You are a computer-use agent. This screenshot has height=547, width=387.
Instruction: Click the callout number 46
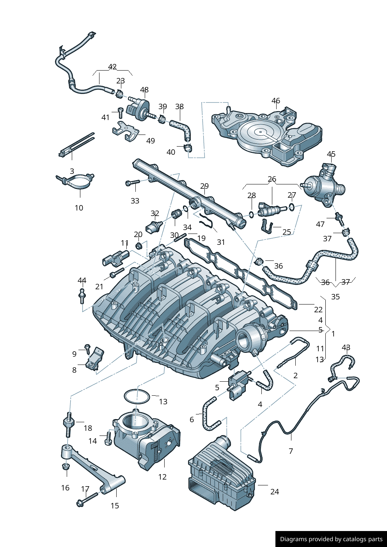tap(276, 101)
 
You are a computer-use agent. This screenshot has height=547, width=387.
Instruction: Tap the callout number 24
tap(275, 492)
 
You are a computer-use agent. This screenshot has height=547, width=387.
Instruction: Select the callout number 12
tap(162, 477)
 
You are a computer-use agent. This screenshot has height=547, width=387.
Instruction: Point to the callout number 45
tap(331, 154)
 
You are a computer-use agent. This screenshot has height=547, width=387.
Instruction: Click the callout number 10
tap(79, 208)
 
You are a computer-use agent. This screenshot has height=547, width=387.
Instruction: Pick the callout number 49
tap(150, 141)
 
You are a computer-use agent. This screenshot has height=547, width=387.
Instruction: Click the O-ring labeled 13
tap(137, 397)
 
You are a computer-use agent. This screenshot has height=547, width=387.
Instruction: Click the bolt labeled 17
tap(87, 499)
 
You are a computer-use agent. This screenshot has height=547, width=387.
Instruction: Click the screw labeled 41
tap(121, 113)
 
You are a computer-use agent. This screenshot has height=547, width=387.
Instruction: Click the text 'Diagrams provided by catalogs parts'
tap(331, 539)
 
